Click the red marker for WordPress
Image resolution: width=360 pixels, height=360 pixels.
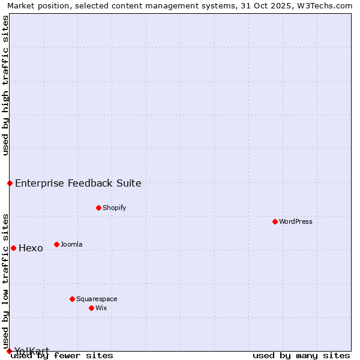[275, 221]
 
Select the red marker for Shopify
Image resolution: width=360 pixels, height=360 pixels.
[99, 208]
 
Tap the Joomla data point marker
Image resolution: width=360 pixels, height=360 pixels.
[57, 244]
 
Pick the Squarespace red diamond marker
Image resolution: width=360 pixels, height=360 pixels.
[73, 299]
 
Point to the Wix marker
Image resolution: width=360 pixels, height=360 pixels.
[92, 308]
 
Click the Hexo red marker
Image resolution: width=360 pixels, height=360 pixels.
[13, 248]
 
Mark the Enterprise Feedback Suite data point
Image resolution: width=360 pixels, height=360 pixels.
[10, 183]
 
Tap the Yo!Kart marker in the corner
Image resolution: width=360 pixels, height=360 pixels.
[9, 351]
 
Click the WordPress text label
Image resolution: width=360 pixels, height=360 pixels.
[296, 221]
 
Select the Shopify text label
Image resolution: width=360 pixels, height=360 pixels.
[115, 208]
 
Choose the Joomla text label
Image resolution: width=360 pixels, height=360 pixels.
[71, 244]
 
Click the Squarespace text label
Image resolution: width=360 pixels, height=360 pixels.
[97, 299]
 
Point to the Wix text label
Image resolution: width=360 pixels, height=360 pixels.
[101, 308]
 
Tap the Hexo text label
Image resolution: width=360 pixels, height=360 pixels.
[31, 248]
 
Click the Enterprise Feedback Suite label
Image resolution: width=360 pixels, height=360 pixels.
[78, 184]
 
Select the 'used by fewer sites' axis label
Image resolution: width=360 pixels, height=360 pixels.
[62, 356]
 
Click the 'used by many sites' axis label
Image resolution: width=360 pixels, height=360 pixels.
[301, 356]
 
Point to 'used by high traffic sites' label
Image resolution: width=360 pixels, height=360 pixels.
[5, 85]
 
